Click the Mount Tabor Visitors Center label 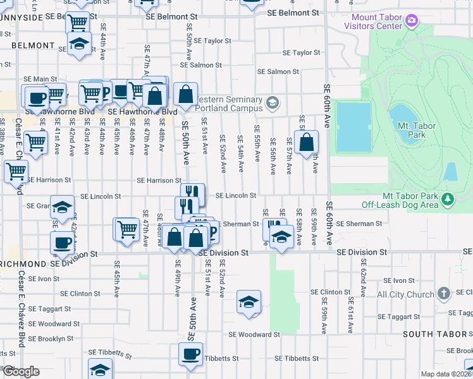click(x=373, y=22)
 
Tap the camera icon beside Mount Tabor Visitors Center click(x=412, y=21)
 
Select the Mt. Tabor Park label click(x=417, y=130)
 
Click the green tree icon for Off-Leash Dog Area click(x=448, y=200)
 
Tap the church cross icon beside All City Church click(x=444, y=294)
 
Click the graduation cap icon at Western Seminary click(x=273, y=102)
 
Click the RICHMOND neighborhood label click(x=23, y=263)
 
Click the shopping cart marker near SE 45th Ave click(x=126, y=229)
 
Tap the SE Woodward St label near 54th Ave click(x=254, y=335)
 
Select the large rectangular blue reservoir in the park click(x=353, y=126)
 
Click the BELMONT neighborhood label click(x=33, y=45)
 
